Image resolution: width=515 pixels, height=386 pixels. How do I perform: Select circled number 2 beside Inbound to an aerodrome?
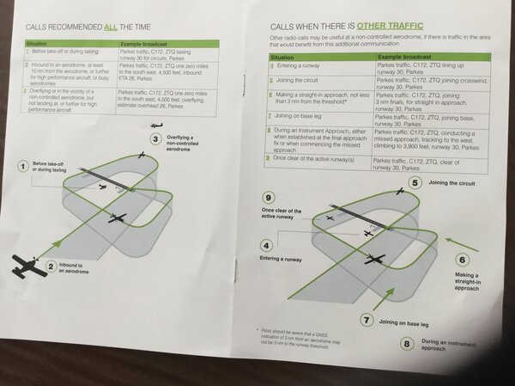[51, 267]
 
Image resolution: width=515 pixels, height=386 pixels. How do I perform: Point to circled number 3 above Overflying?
[155, 138]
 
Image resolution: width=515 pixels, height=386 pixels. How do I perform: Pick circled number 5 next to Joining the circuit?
[414, 182]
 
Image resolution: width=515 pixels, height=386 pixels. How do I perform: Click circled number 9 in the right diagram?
[268, 197]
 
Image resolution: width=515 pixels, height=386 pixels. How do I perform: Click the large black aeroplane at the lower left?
[30, 266]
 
